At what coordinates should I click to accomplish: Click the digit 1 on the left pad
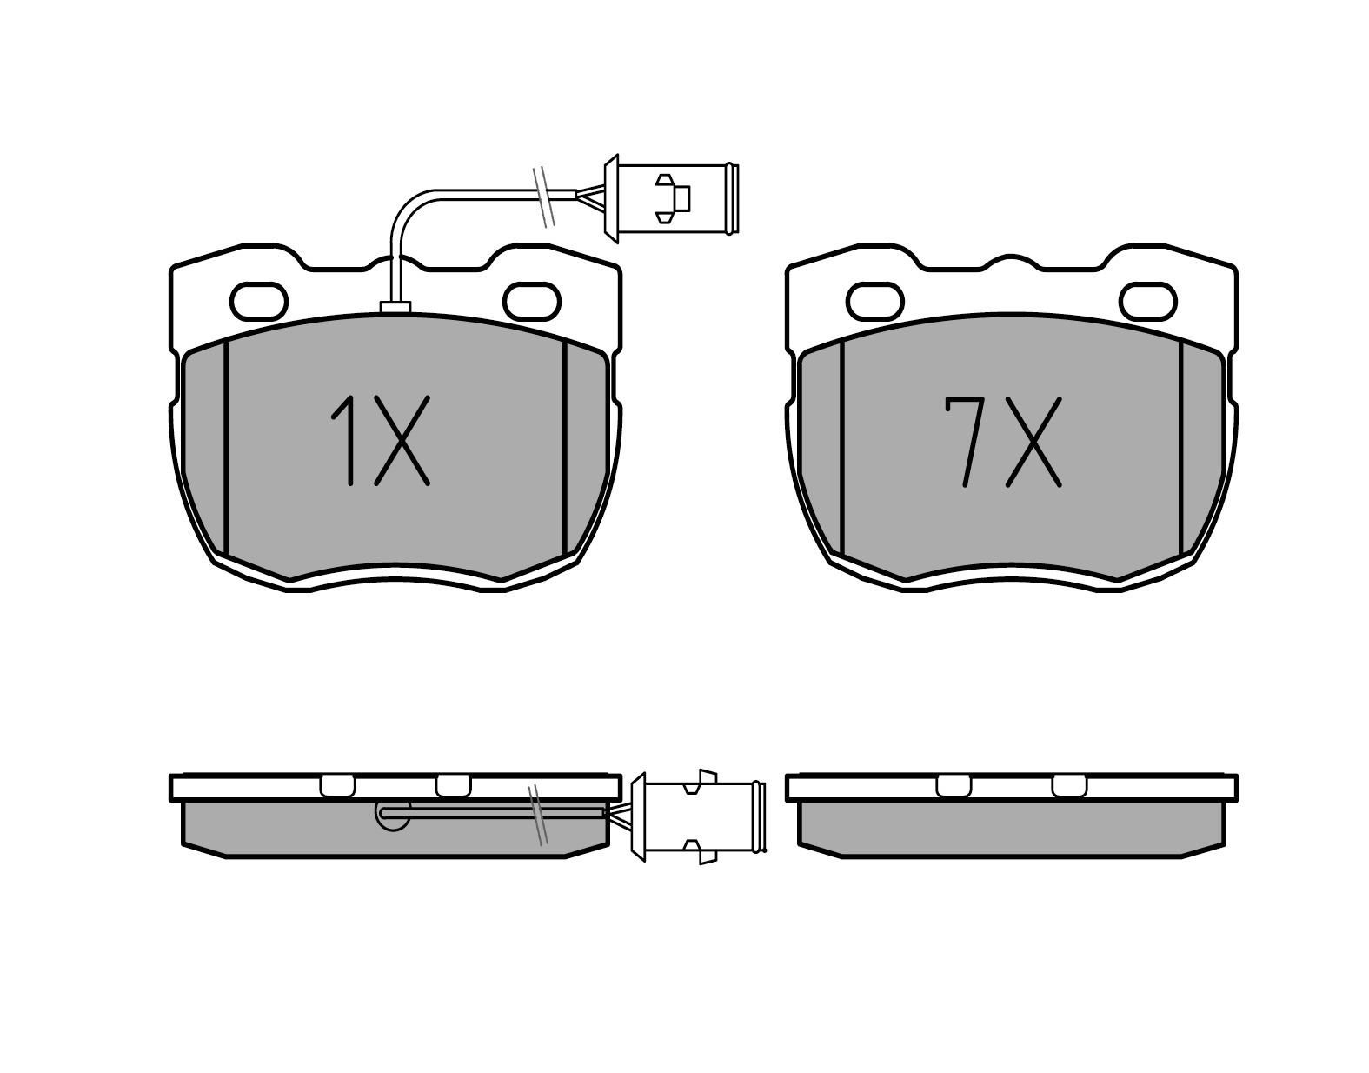[345, 440]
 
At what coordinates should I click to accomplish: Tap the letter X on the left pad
[402, 440]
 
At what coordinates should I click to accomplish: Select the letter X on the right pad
[1033, 442]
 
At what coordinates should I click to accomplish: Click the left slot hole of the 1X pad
[259, 302]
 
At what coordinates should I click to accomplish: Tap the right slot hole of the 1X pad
[532, 302]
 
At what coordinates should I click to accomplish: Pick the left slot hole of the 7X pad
[875, 302]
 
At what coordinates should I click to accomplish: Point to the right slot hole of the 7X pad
[1148, 302]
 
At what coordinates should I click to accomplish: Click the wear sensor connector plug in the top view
[671, 198]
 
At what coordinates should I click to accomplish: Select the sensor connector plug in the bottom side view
[700, 817]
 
